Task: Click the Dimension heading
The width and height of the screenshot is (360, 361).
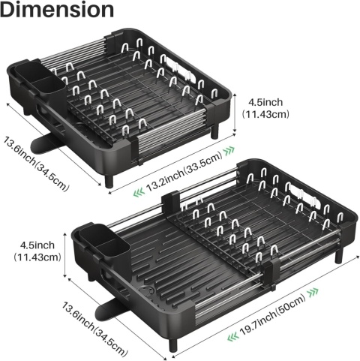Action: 57,10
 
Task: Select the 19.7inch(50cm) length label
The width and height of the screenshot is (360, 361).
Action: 272,314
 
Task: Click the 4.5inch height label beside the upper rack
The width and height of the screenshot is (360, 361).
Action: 265,108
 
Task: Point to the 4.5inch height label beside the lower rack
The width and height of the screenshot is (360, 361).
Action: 37,251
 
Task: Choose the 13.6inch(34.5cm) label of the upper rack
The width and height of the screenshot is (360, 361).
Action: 36,164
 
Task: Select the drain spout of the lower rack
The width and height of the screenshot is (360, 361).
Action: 110,310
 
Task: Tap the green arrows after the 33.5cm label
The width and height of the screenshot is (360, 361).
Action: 229,151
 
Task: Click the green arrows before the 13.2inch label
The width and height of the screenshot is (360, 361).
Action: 139,192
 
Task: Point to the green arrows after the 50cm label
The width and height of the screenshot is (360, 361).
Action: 313,293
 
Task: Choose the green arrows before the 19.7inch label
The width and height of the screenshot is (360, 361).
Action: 233,336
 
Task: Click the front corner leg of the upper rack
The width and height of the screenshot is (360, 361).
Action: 109,182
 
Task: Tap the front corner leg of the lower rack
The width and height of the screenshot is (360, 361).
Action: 173,344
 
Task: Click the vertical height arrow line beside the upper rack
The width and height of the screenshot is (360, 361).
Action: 235,114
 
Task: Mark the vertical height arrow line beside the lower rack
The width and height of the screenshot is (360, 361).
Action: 65,254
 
